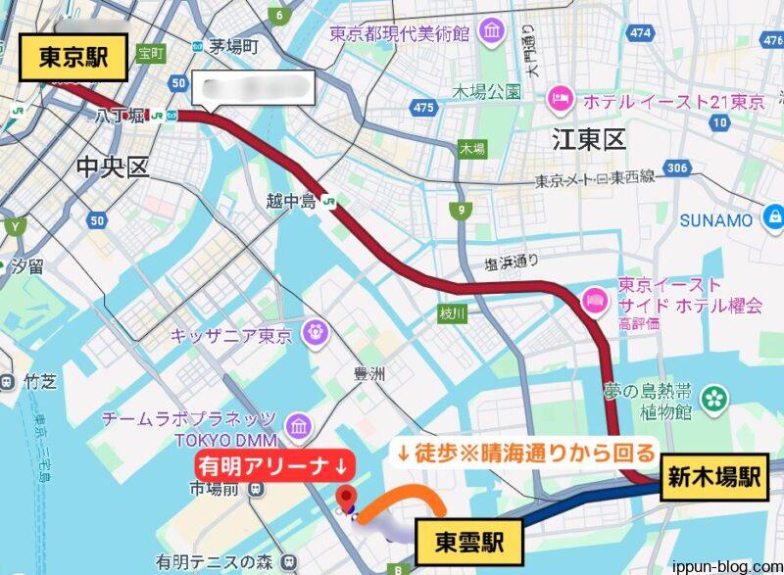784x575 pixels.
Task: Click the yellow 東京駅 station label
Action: point(74,59)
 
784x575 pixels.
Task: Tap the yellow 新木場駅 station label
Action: point(715,479)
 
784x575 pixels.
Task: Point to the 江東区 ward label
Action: point(588,139)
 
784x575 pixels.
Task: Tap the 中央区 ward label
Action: point(113,168)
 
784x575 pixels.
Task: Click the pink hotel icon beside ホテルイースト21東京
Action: point(561,98)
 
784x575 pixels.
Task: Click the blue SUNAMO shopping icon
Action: point(774,217)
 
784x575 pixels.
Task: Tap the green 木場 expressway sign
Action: point(471,149)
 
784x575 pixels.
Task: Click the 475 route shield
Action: point(424,107)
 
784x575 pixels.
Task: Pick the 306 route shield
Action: point(675,168)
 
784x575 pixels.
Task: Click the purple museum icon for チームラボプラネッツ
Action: point(299,426)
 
